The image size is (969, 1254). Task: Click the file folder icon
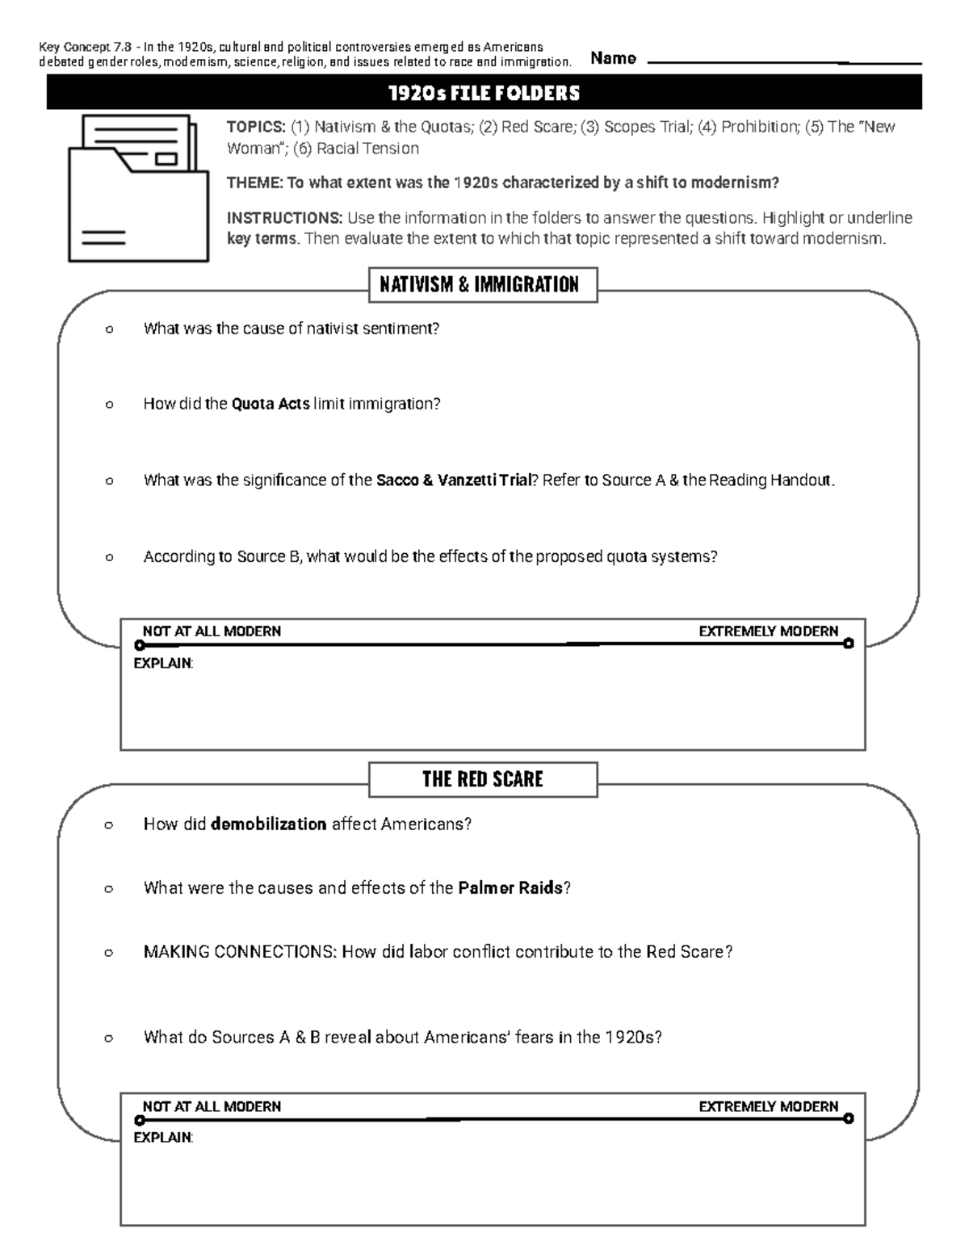point(138,188)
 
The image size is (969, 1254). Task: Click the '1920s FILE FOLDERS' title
point(484,94)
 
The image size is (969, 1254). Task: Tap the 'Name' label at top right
point(613,58)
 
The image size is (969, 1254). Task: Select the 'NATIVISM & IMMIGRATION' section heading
point(483,285)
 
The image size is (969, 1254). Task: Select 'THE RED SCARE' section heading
point(483,779)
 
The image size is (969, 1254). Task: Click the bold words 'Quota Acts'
point(271,404)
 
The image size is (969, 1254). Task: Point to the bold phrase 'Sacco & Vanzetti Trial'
point(454,480)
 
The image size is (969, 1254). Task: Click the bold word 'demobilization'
point(268,824)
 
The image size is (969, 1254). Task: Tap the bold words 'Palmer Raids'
point(510,888)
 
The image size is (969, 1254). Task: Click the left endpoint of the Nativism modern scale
point(140,646)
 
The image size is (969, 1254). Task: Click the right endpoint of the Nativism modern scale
point(848,644)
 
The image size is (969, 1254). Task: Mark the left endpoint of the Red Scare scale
point(140,1121)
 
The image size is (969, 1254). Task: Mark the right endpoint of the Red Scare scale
point(848,1118)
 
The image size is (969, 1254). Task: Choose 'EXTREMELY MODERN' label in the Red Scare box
point(768,1106)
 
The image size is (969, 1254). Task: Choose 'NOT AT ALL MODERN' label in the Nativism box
point(212,631)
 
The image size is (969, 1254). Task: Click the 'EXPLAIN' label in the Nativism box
point(162,663)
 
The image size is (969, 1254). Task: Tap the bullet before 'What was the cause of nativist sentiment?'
point(109,329)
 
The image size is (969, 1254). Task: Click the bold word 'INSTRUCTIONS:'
point(284,218)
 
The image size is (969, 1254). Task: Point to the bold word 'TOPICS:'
point(255,127)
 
